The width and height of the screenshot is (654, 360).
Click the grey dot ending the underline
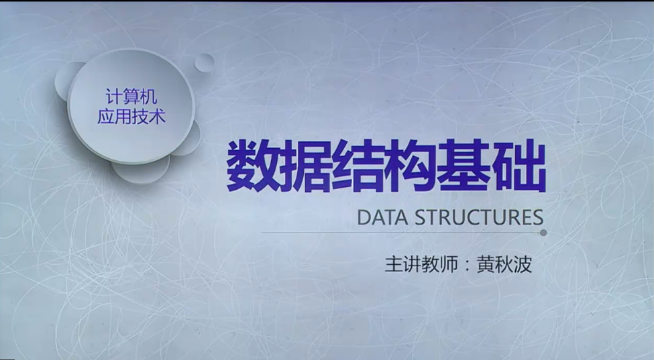(543, 233)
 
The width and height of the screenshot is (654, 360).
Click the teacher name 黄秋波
(504, 264)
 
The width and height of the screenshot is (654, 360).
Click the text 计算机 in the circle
(131, 97)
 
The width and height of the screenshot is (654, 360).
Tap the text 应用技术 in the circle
(131, 116)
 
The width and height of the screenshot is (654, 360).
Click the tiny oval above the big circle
(205, 62)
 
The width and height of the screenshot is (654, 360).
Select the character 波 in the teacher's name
(523, 264)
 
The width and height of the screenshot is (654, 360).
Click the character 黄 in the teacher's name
(486, 264)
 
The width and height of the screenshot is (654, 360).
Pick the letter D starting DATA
(364, 218)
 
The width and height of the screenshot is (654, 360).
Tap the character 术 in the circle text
(157, 116)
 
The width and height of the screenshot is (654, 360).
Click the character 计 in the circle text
(113, 97)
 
